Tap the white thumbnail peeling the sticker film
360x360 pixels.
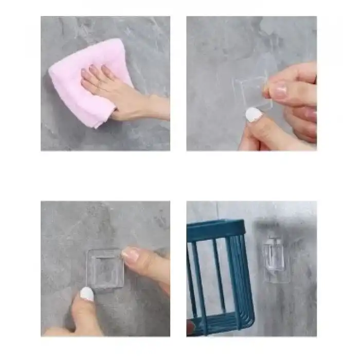coord(253,115)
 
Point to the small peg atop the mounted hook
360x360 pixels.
coord(275,241)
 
